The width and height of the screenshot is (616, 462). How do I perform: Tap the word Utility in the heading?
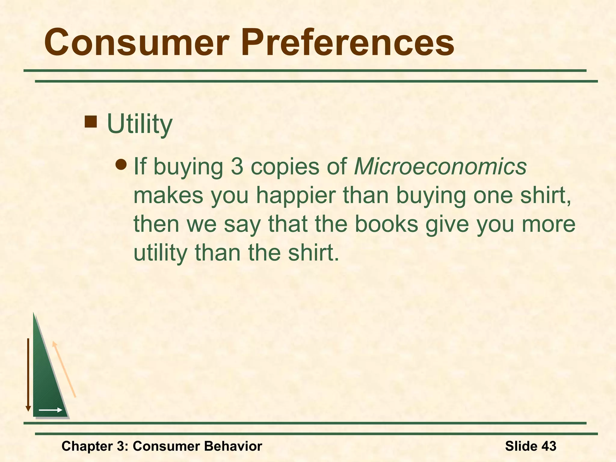click(x=140, y=124)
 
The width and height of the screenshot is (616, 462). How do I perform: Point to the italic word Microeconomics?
click(x=440, y=166)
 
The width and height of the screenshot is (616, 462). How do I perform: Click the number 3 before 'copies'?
click(x=237, y=166)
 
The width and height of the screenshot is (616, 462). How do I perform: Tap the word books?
click(x=387, y=224)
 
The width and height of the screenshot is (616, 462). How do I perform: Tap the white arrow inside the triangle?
click(x=51, y=410)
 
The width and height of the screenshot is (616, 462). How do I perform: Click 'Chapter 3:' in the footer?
click(x=95, y=446)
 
